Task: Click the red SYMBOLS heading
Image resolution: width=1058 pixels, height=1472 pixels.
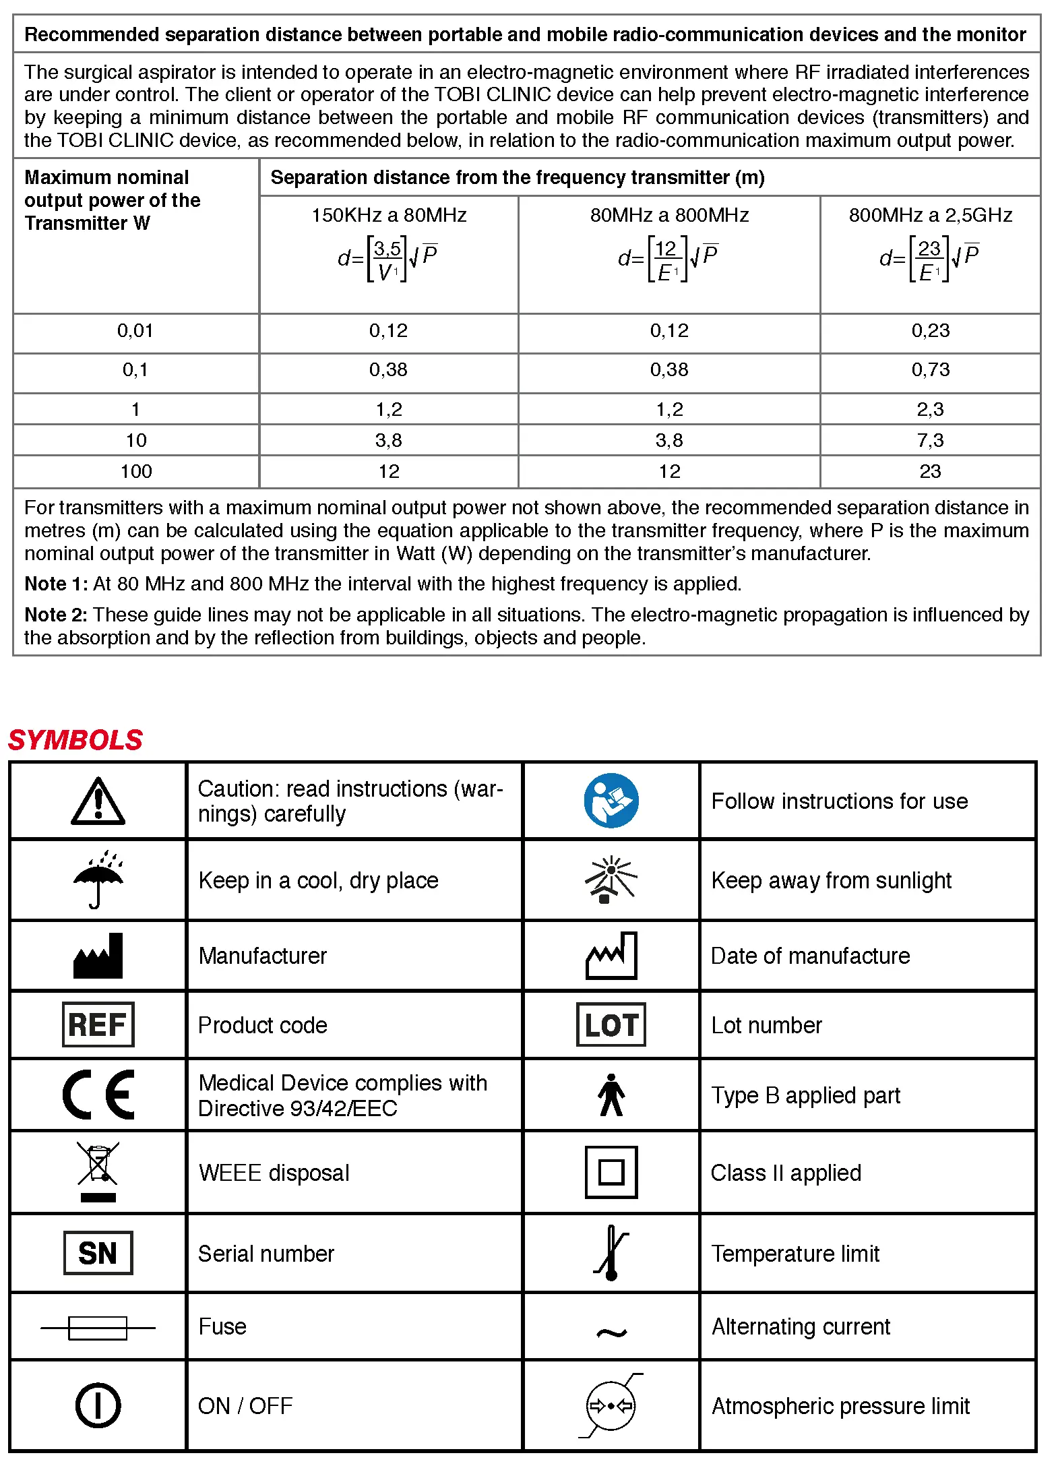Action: pyautogui.click(x=75, y=740)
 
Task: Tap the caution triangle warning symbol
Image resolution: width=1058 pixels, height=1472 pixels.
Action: pyautogui.click(x=98, y=801)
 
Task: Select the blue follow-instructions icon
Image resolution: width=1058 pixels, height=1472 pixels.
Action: pyautogui.click(x=611, y=801)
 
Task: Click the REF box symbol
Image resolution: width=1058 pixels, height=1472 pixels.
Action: pyautogui.click(x=98, y=1024)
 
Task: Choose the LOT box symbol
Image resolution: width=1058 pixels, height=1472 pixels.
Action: pyautogui.click(x=611, y=1024)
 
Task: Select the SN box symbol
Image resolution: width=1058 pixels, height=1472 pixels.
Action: pyautogui.click(x=98, y=1253)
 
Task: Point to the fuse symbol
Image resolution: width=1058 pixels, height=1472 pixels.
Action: pyautogui.click(x=98, y=1328)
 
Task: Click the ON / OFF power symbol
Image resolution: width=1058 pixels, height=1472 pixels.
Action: pyautogui.click(x=98, y=1405)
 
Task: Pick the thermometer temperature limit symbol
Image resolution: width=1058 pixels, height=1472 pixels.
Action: pyautogui.click(x=611, y=1253)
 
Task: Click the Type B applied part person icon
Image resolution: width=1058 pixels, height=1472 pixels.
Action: pyautogui.click(x=611, y=1095)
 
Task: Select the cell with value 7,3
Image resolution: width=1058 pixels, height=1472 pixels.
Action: pyautogui.click(x=930, y=440)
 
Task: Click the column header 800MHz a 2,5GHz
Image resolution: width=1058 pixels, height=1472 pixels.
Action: pyautogui.click(x=930, y=215)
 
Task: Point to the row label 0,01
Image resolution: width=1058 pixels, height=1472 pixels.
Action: pyautogui.click(x=135, y=331)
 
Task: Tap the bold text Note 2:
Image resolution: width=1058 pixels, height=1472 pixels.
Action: pyautogui.click(x=56, y=615)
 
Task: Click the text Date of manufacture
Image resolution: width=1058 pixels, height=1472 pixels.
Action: pyautogui.click(x=810, y=956)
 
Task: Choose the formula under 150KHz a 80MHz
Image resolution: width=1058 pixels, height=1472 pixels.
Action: pyautogui.click(x=388, y=258)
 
